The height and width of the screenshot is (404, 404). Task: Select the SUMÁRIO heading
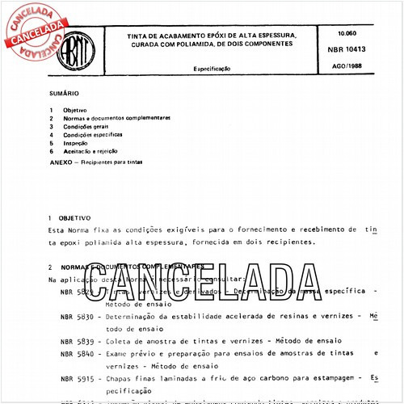point(62,94)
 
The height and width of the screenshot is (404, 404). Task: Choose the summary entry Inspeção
point(77,143)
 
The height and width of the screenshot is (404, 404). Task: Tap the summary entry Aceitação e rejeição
point(93,151)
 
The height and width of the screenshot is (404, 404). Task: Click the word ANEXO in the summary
point(61,162)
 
